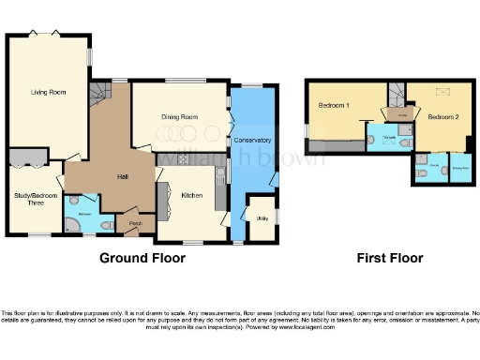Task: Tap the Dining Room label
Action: [x=178, y=117]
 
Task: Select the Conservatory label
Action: [x=253, y=140]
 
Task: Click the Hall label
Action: [x=122, y=175]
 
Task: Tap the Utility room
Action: [x=261, y=218]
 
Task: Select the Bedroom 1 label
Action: [x=334, y=105]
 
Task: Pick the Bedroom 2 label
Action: [x=442, y=118]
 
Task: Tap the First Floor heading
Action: [x=390, y=258]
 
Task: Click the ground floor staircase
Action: [x=100, y=97]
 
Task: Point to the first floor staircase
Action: [x=397, y=91]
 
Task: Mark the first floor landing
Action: [x=401, y=114]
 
